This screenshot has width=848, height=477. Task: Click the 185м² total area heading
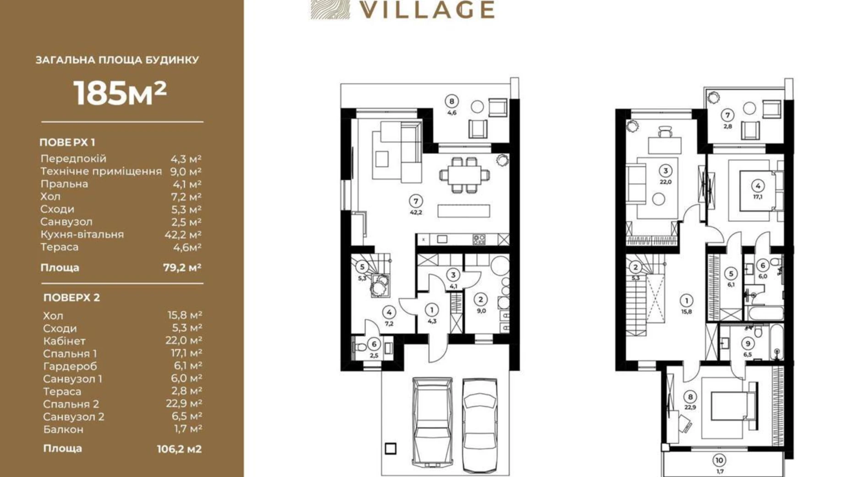(120, 93)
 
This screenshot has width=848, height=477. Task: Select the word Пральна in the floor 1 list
(64, 184)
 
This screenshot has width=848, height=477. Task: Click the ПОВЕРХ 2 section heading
(72, 298)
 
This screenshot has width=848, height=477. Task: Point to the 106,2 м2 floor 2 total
(179, 449)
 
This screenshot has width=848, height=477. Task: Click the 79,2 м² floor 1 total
(182, 267)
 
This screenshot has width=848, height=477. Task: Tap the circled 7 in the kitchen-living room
(416, 201)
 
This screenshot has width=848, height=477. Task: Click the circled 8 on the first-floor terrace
(452, 101)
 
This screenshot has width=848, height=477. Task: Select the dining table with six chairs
(465, 175)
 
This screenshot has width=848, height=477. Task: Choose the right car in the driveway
(480, 425)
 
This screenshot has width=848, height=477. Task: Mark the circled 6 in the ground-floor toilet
(374, 344)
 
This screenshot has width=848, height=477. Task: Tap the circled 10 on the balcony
(719, 460)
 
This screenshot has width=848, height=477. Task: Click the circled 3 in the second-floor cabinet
(666, 171)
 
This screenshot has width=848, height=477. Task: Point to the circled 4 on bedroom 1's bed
(758, 186)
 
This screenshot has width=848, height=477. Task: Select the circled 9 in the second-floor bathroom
(748, 343)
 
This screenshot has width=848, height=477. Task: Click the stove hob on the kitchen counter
(479, 239)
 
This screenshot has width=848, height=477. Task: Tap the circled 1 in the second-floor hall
(686, 301)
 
